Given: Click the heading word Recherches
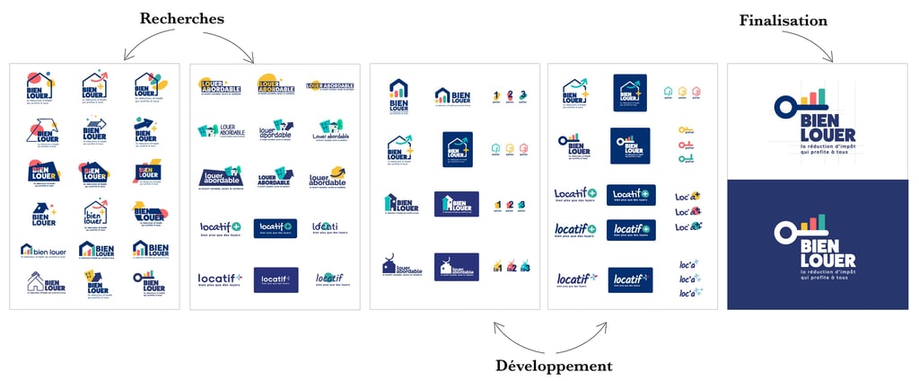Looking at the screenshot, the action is pyautogui.click(x=181, y=19).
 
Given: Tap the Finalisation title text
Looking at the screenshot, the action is pyautogui.click(x=783, y=20).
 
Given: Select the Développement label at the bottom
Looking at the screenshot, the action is pyautogui.click(x=554, y=367).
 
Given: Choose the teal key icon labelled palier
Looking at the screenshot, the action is pyautogui.click(x=686, y=158).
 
